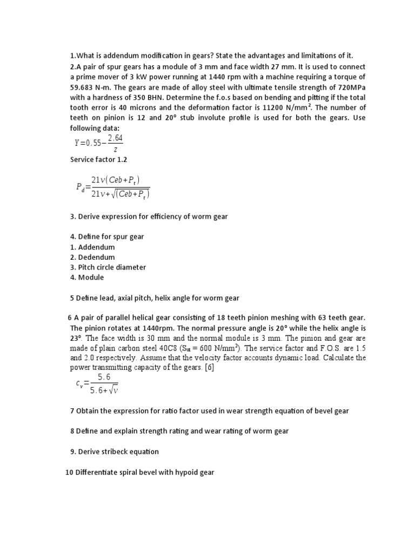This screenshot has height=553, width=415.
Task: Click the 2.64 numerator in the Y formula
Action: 115,139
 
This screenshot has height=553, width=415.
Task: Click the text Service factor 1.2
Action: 99,160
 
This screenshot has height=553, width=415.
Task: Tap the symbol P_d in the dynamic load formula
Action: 81,187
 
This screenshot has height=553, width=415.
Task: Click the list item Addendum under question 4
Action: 96,247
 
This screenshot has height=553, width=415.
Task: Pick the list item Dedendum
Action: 97,257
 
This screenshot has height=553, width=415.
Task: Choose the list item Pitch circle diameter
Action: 112,267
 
